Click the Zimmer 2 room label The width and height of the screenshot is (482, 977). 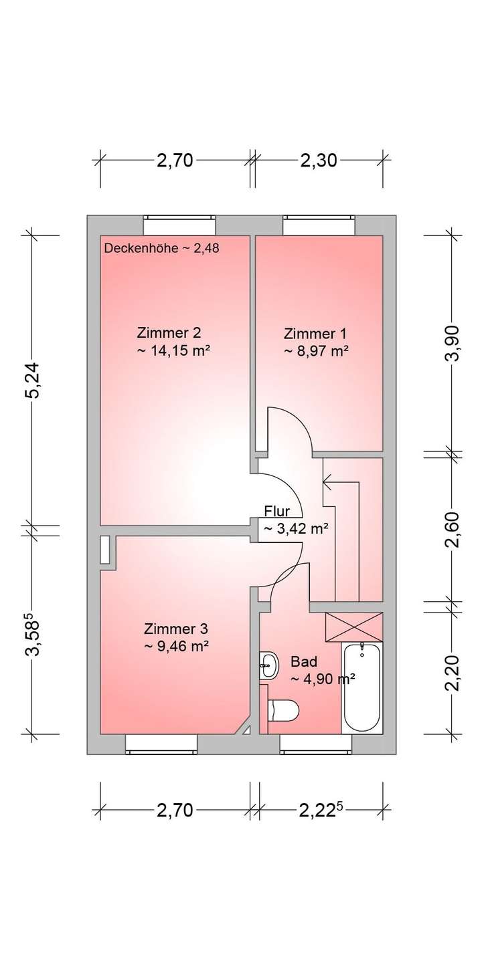168,332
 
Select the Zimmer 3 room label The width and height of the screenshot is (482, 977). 175,629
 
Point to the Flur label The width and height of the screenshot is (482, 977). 277,512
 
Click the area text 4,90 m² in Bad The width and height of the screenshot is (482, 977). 322,679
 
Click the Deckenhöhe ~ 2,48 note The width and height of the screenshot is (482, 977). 162,248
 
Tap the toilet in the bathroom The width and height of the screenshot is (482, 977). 283,711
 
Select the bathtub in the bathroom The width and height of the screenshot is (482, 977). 361,689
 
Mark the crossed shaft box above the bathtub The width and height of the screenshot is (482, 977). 353,627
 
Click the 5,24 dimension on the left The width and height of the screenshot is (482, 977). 33,380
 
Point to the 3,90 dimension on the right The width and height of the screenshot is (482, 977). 453,342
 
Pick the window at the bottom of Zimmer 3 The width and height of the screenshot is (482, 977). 161,743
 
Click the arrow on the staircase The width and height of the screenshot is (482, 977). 327,478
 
